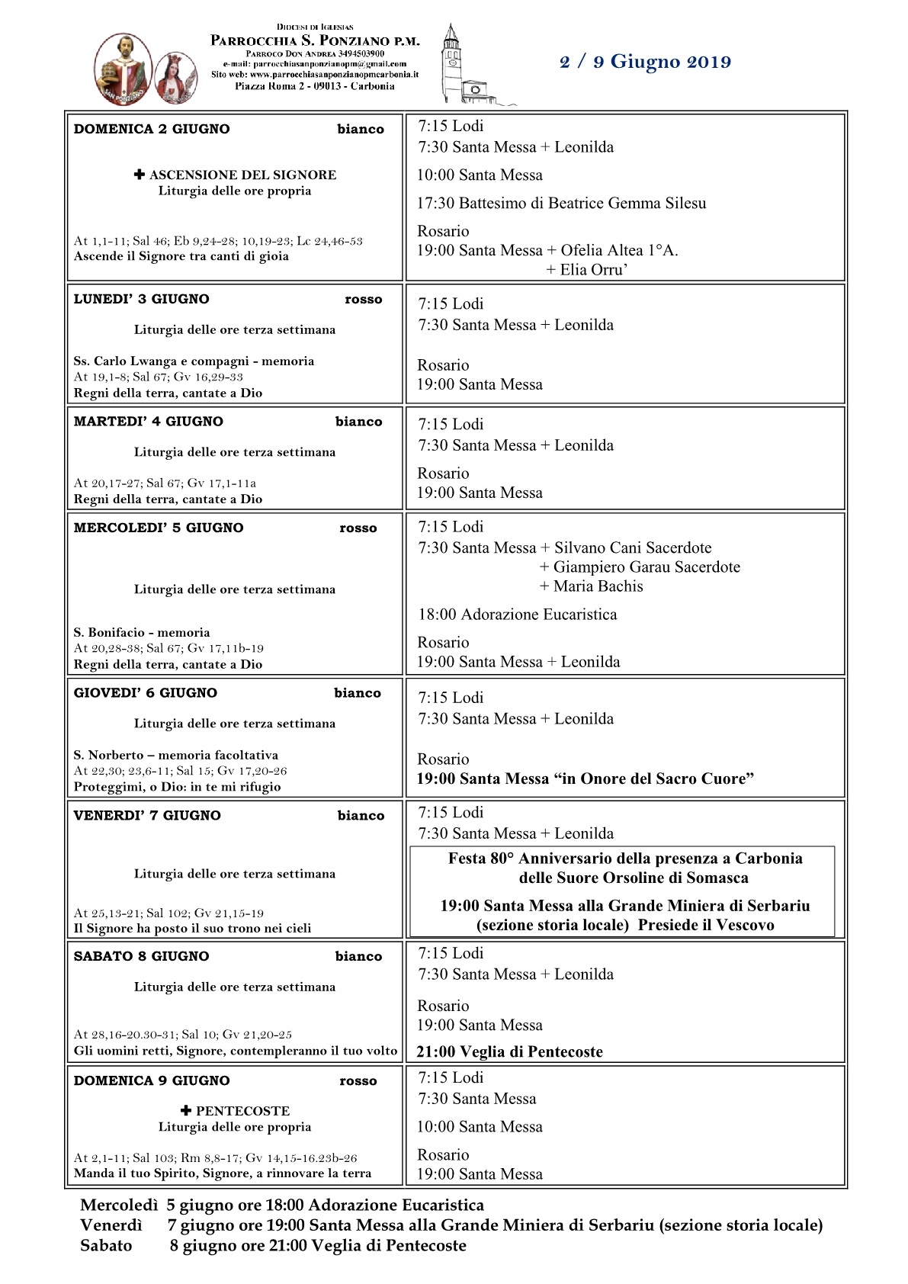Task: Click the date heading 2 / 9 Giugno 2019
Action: pyautogui.click(x=645, y=62)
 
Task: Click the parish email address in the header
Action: pyautogui.click(x=315, y=64)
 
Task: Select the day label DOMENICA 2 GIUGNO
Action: pyautogui.click(x=152, y=129)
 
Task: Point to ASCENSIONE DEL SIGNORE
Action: pyautogui.click(x=242, y=175)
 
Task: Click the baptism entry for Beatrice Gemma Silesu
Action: pyautogui.click(x=561, y=203)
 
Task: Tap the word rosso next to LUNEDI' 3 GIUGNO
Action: pyautogui.click(x=363, y=300)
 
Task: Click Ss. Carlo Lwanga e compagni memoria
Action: pyautogui.click(x=194, y=361)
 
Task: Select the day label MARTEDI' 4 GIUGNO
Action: pyautogui.click(x=149, y=422)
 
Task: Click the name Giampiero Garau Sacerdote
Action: pyautogui.click(x=647, y=567)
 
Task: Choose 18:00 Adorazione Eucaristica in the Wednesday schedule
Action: pyautogui.click(x=517, y=615)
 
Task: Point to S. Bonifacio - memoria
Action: pyautogui.click(x=142, y=632)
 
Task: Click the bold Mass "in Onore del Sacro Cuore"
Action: pyautogui.click(x=585, y=778)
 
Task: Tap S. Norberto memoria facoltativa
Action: pyautogui.click(x=176, y=755)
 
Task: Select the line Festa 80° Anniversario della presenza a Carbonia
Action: pyautogui.click(x=625, y=859)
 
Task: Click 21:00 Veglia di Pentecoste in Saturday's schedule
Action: pyautogui.click(x=509, y=1051)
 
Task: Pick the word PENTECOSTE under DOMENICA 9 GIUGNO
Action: pyautogui.click(x=242, y=1111)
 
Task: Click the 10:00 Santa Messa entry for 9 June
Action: pyautogui.click(x=480, y=1127)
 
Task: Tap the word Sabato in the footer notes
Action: pyautogui.click(x=106, y=1245)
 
